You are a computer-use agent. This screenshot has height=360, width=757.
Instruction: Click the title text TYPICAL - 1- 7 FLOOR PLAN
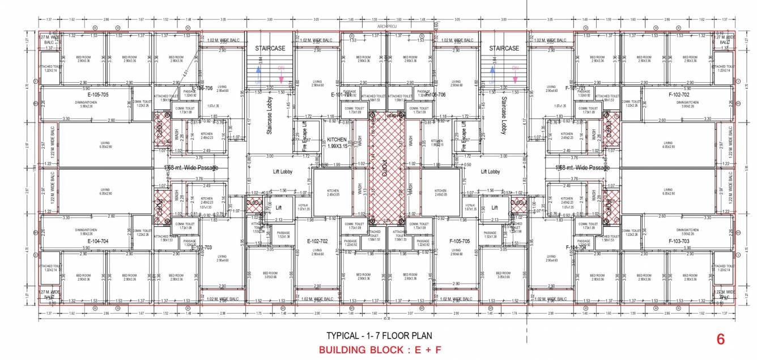379,335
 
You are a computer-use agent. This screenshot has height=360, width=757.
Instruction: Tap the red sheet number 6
721,339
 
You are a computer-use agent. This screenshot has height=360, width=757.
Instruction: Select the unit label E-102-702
318,241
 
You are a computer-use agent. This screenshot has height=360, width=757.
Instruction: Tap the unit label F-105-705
460,241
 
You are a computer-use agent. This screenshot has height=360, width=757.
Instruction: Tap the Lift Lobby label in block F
490,171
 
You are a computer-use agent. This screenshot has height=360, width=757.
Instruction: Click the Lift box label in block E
278,208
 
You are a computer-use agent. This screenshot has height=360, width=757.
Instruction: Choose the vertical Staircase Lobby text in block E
270,115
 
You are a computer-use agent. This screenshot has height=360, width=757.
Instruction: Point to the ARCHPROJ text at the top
386,26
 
